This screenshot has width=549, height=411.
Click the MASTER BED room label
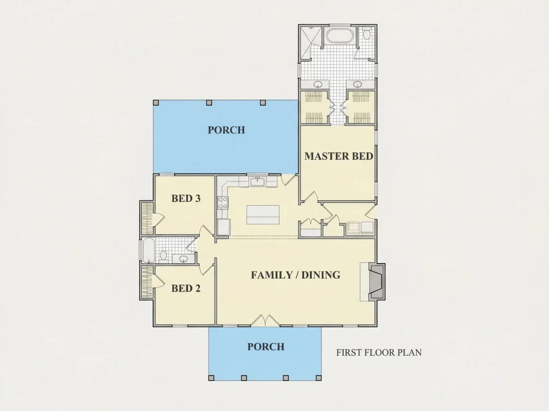338,156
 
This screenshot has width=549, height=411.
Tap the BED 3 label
186,198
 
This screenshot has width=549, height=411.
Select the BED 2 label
186,288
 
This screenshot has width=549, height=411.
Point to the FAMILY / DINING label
295,274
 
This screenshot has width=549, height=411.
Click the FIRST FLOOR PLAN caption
379,352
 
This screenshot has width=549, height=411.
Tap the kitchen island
263,215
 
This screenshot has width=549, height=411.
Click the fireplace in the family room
376,281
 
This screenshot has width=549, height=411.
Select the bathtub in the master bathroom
339,36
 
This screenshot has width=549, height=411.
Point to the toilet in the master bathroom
367,34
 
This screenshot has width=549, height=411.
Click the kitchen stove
223,203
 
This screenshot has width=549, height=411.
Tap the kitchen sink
258,181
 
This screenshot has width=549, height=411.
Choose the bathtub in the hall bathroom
148,250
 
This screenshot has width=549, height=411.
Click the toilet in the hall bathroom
163,256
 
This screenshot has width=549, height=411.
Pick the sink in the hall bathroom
183,259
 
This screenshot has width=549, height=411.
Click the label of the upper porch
226,130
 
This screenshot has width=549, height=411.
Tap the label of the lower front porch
266,347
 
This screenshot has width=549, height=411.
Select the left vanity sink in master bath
318,84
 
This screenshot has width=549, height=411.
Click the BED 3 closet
147,218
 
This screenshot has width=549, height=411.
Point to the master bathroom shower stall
310,43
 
